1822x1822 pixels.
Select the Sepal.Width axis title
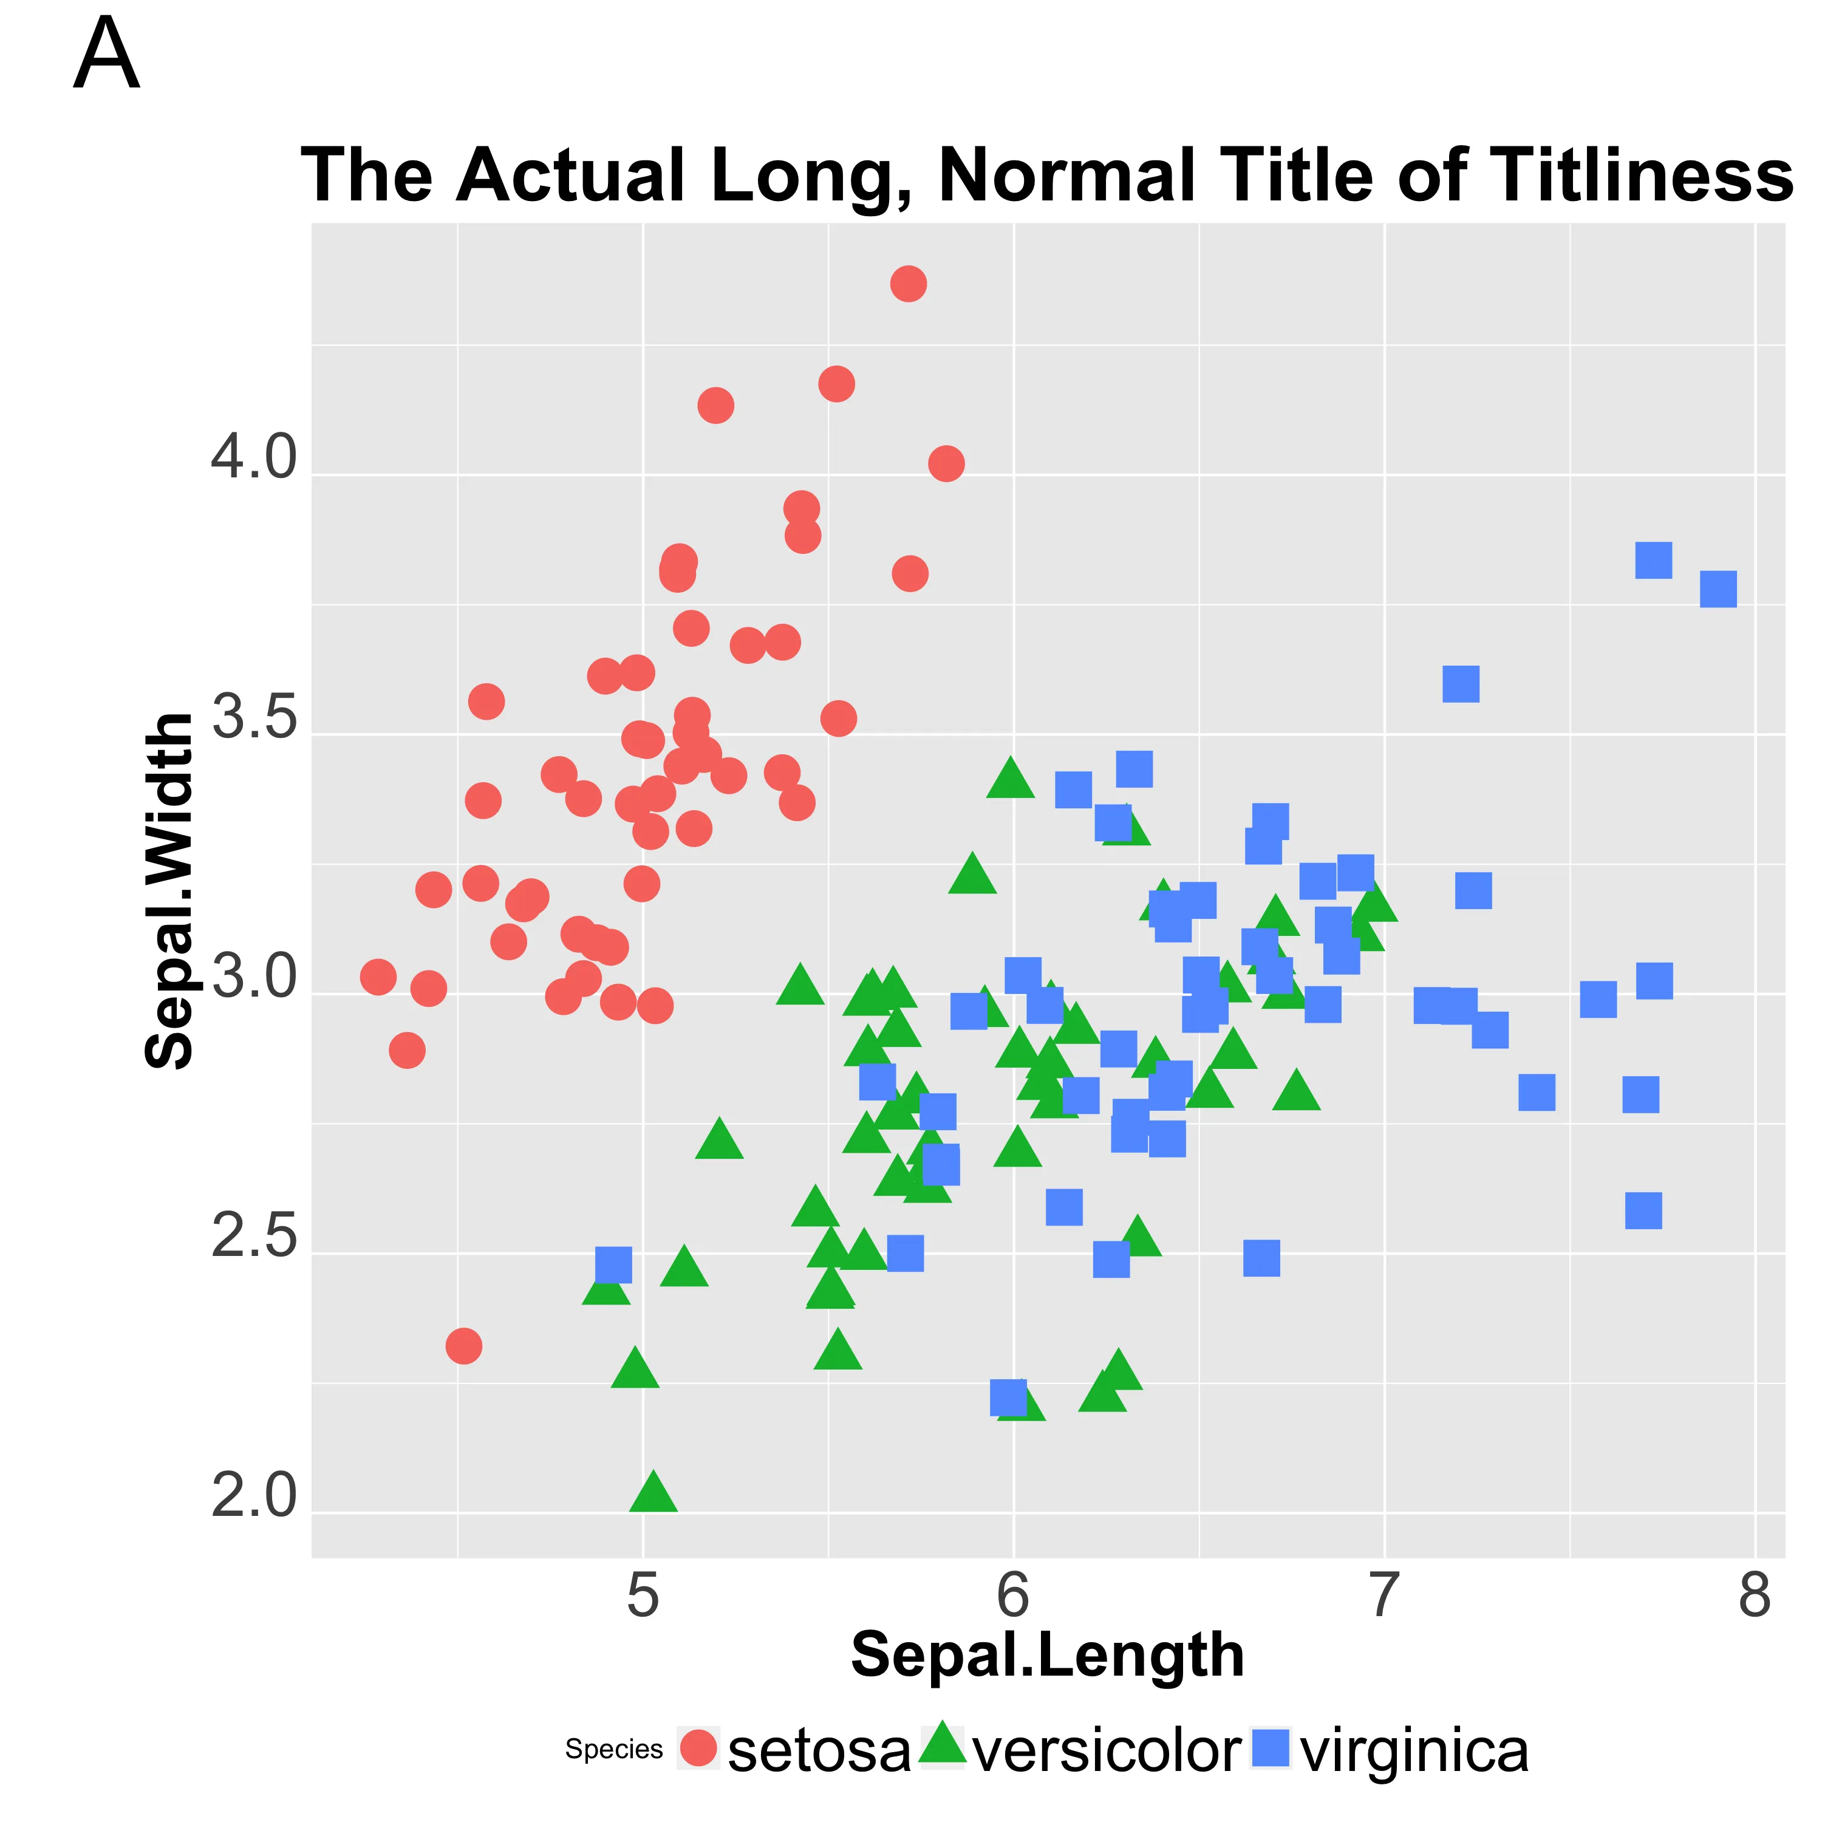pos(170,891)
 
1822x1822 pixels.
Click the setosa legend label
pos(819,1752)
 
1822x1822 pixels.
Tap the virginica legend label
pos(1414,1752)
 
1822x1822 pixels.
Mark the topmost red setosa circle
pos(908,283)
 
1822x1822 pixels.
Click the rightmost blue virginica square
pos(1718,589)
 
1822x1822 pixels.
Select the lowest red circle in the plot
pos(463,1346)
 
